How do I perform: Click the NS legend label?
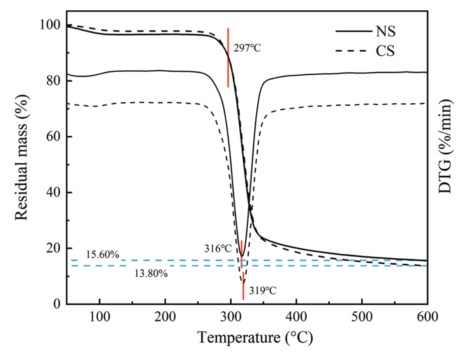(385, 31)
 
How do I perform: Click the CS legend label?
(385, 51)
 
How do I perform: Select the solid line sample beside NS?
(353, 31)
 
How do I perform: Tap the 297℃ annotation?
(247, 48)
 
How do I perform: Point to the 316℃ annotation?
(218, 249)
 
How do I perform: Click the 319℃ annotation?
(262, 291)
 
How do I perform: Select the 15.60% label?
(102, 255)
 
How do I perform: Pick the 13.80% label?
(151, 274)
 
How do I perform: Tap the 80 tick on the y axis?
(53, 81)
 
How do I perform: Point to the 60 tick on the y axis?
(53, 137)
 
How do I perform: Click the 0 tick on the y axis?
(57, 304)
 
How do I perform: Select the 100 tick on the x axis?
(100, 317)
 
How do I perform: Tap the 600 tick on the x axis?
(427, 317)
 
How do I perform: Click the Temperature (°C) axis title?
(255, 337)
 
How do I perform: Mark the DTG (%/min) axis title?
(446, 146)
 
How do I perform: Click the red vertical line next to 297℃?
(228, 57)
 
